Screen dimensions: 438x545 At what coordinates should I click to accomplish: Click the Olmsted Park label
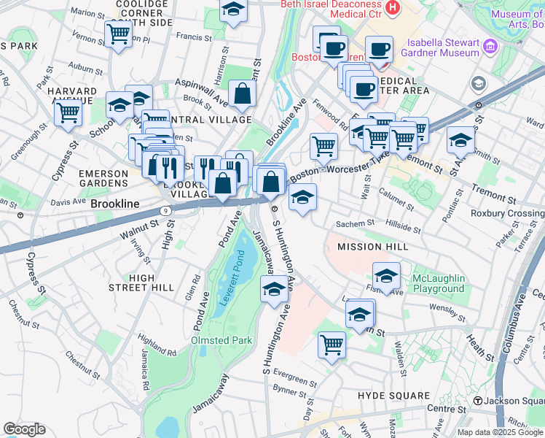(221, 340)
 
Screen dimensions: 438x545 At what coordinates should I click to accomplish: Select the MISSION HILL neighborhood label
(372, 247)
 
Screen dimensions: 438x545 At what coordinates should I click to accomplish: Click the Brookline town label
(114, 205)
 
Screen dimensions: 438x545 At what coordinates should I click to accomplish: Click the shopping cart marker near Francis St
(117, 33)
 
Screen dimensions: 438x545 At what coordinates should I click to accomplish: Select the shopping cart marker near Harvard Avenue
(67, 113)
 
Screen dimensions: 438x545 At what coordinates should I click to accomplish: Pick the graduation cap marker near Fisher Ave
(386, 276)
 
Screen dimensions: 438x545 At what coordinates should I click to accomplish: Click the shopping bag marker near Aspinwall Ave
(242, 93)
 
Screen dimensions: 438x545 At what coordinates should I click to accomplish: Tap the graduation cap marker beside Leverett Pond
(274, 289)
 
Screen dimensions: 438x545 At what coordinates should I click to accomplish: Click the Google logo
(24, 429)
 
